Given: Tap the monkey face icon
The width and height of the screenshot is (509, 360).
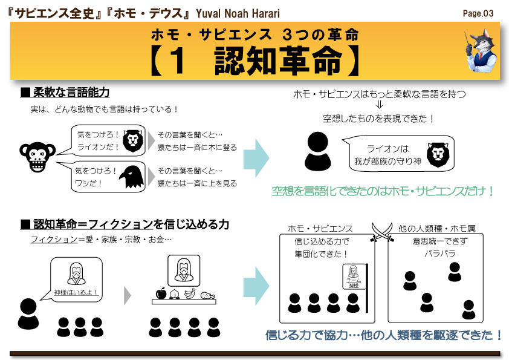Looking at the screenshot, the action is (37, 157).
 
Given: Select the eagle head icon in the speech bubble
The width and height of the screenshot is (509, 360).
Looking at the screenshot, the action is (131, 177).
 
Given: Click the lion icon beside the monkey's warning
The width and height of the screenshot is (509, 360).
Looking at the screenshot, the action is (132, 141).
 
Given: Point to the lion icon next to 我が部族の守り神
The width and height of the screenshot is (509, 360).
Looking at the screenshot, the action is (438, 155).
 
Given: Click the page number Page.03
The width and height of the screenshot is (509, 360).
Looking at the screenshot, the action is (478, 13).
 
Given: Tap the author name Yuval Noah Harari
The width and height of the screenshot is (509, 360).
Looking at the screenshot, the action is (238, 14).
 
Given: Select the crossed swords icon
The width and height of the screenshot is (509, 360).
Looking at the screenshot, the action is (382, 232).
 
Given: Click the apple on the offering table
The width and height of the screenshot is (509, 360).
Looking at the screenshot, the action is (161, 293).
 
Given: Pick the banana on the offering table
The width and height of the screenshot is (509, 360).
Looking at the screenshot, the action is (190, 293).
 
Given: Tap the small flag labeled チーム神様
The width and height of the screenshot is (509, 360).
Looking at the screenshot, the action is (353, 276).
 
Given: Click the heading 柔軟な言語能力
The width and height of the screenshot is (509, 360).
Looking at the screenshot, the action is (71, 93).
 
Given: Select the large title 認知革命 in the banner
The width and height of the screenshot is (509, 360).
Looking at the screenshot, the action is (278, 61).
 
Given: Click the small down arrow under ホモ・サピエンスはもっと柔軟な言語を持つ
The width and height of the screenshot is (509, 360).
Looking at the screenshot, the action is (379, 105).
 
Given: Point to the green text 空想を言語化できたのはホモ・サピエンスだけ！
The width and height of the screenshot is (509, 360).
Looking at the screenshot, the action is (383, 191).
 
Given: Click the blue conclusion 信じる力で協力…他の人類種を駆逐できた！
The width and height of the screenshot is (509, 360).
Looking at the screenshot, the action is (384, 335).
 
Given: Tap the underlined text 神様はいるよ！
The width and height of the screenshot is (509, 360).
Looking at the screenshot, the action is (76, 292).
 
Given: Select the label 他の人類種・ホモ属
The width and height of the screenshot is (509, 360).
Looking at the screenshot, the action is (437, 229).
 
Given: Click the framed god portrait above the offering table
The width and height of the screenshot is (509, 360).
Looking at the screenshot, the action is (184, 270).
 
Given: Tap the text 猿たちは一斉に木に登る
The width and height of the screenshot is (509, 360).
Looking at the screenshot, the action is (197, 147).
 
